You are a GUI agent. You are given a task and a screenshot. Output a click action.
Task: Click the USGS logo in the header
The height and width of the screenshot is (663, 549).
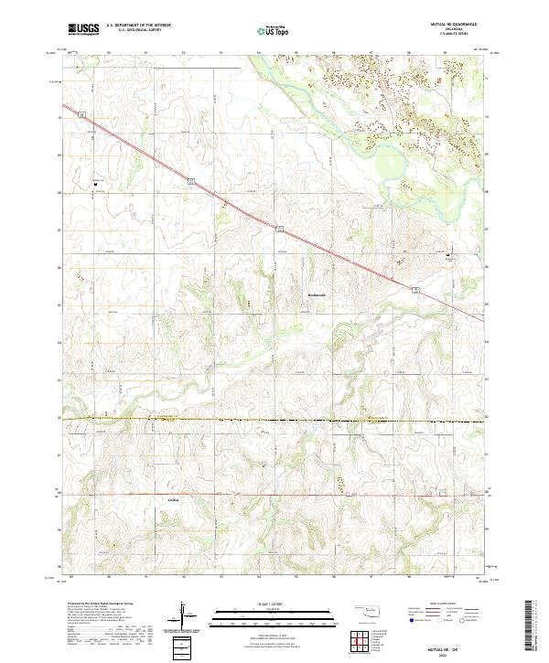click(x=83, y=29)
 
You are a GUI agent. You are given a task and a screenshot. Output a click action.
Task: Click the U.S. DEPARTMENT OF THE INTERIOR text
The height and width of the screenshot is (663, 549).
click(x=138, y=26)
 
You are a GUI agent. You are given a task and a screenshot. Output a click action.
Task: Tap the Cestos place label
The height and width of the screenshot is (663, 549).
click(x=174, y=500)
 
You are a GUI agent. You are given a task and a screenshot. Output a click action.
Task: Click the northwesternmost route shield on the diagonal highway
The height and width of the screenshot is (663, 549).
click(x=81, y=114)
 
